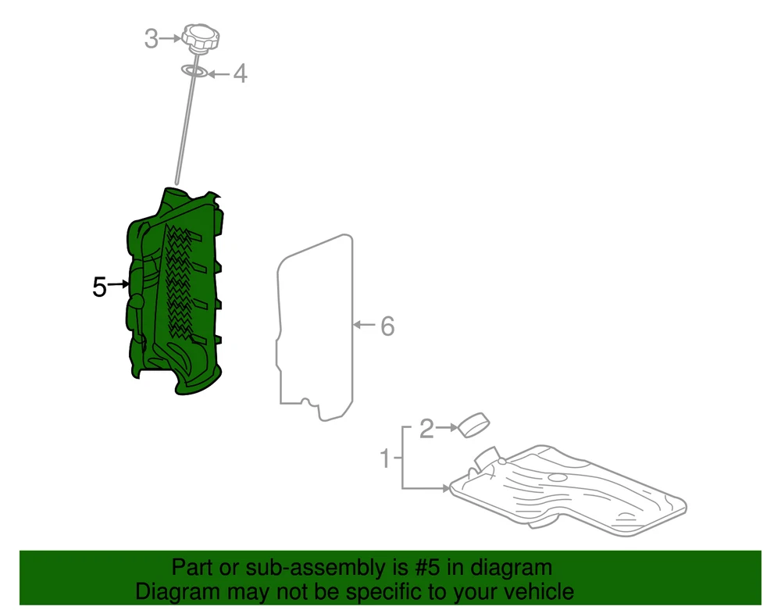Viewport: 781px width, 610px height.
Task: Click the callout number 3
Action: (152, 39)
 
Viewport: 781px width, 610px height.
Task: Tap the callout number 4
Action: (240, 73)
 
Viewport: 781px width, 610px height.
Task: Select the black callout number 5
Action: (100, 287)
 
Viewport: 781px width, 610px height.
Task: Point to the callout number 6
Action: (387, 326)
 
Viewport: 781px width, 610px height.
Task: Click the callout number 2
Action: (427, 429)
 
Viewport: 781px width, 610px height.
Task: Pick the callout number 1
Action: (384, 458)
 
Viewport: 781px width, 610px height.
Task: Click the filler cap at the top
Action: (200, 37)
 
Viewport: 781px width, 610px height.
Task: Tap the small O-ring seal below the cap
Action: (194, 71)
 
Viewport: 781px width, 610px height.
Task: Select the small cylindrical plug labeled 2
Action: (474, 425)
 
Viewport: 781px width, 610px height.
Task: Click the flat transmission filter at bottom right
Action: (568, 490)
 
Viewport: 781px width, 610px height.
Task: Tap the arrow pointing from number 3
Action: (170, 38)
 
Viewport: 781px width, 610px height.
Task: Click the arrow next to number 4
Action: (219, 74)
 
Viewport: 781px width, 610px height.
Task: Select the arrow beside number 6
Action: (364, 325)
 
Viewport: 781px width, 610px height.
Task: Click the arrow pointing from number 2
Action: (447, 427)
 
